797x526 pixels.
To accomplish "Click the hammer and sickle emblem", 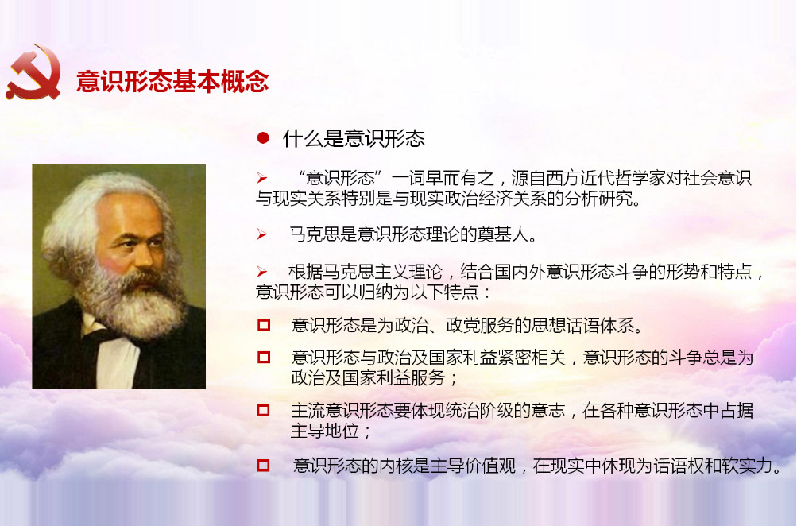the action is [33, 72].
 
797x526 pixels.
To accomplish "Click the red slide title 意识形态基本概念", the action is [172, 81].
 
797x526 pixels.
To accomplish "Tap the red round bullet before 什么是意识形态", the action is [263, 137].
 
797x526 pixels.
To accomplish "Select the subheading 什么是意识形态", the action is [354, 138].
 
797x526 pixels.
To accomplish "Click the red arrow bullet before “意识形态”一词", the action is [261, 178].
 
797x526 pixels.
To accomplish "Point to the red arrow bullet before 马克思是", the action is [261, 234].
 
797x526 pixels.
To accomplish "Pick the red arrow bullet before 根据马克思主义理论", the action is [261, 272].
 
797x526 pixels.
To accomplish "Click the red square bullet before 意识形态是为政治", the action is [263, 325].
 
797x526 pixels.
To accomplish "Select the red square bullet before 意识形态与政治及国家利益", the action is [263, 358].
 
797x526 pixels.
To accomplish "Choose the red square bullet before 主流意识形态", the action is [263, 410].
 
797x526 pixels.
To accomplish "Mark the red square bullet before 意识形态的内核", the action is [263, 465].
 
